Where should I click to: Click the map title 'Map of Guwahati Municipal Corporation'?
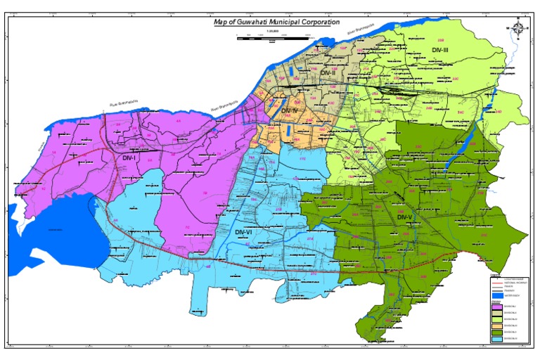tap(276, 22)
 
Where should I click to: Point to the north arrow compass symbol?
tap(518, 27)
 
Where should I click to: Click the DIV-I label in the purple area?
tap(129, 159)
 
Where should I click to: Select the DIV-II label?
tap(329, 73)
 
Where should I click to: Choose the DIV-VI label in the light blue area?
tap(244, 232)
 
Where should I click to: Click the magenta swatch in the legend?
tap(497, 307)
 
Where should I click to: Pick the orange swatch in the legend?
tap(497, 327)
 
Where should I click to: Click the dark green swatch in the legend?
tap(497, 333)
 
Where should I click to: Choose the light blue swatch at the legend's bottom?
tap(497, 340)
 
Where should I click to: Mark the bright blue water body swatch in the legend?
tap(497, 296)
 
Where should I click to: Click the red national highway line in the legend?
tap(496, 283)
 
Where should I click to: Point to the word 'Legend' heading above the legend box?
tap(496, 275)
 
